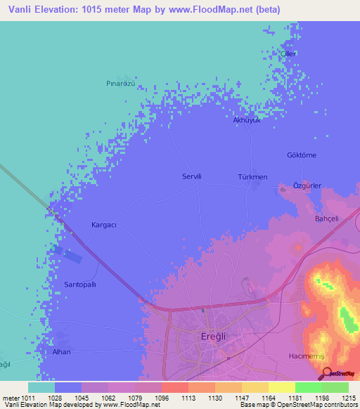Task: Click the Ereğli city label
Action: [210, 337]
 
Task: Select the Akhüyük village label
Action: [247, 120]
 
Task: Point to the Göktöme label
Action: [302, 155]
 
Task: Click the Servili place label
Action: [192, 177]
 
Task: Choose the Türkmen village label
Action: [252, 177]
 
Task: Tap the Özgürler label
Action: [307, 186]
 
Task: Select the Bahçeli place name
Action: [326, 219]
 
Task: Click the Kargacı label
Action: [103, 225]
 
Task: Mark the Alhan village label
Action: [62, 351]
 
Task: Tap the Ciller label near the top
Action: [288, 54]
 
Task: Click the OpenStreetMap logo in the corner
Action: [341, 375]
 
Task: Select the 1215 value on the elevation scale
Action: [349, 398]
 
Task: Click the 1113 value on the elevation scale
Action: [188, 398]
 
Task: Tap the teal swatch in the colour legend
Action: [41, 387]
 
